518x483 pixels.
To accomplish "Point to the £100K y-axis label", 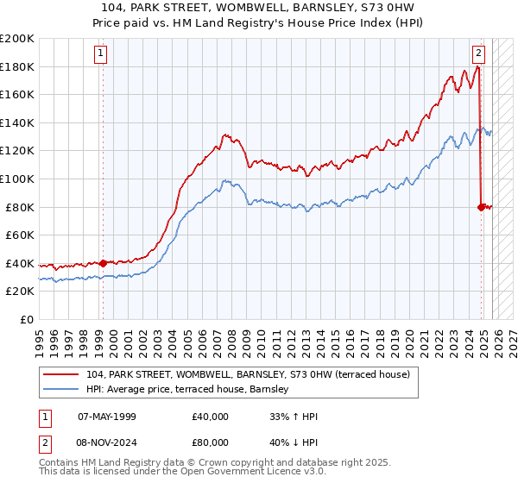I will coord(17,179).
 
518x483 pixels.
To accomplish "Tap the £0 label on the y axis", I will coord(26,319).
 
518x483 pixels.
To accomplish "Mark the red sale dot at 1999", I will coord(103,263).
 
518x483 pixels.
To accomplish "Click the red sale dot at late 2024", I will coord(481,206).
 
